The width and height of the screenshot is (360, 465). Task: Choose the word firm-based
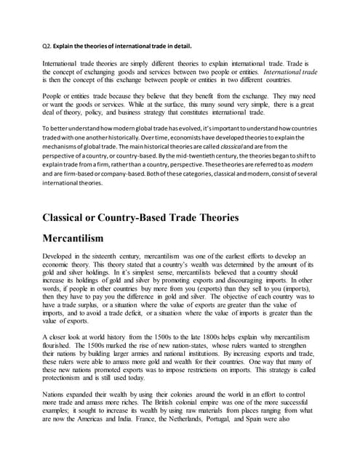(x=73, y=176)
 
